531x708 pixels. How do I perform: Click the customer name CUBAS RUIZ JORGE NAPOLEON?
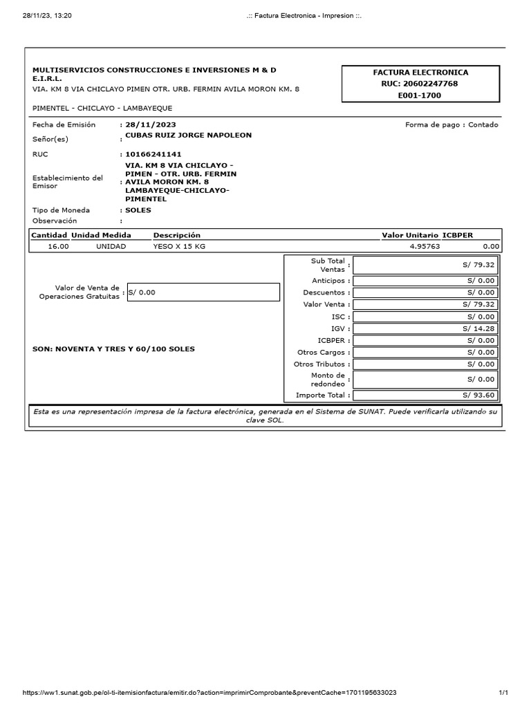pos(188,136)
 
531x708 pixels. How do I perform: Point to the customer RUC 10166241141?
pos(153,154)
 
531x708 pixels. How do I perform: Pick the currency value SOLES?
pos(138,210)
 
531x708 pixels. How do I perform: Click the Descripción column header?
pos(177,235)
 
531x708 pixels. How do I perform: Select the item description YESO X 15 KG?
pos(179,246)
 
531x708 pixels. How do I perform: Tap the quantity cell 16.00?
pos(59,246)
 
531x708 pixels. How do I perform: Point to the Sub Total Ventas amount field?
pos(425,264)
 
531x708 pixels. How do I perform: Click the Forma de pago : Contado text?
pos(451,125)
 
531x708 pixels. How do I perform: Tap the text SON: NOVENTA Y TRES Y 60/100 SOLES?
pos(113,349)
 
